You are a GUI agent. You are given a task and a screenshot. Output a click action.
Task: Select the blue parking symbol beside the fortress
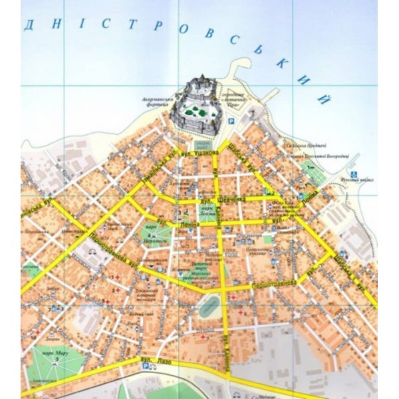(x=231, y=122)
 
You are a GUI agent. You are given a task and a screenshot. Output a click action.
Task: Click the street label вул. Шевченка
(x=222, y=199)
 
